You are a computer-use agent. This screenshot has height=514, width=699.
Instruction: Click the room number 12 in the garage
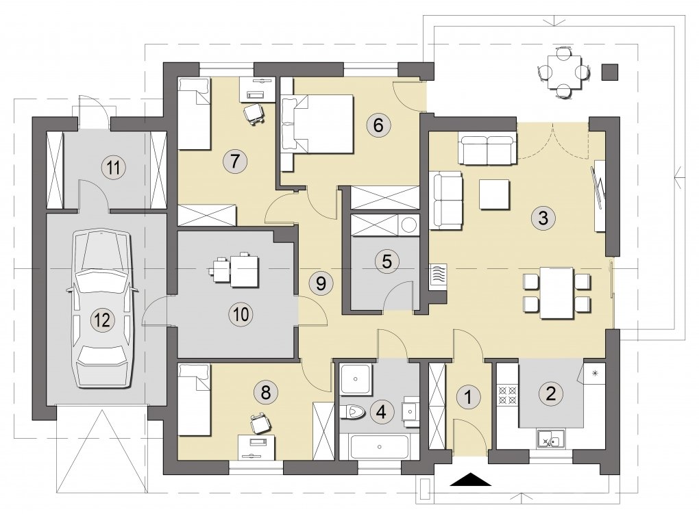pos(103,320)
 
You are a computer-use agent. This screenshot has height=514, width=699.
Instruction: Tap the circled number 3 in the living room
pos(543,218)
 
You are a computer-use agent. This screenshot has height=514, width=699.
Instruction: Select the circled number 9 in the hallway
pos(321,283)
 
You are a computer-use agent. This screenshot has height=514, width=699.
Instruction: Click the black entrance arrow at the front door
pos(471,479)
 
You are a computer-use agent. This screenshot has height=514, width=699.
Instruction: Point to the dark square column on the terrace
pos(610,72)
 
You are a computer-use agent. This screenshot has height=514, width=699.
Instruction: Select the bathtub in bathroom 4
pos(380,447)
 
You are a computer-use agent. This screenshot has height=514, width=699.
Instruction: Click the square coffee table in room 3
pos(494,194)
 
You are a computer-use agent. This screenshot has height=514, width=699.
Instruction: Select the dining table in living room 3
pos(556,293)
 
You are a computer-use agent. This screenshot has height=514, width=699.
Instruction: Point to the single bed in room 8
pos(194,399)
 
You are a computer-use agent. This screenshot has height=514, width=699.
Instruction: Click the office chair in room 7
pos(254,114)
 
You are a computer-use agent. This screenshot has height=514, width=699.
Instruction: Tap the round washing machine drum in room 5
pos(409,225)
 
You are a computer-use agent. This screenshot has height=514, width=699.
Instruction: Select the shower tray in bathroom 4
pos(355,379)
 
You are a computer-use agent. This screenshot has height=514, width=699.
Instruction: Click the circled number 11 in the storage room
pos(114,168)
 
